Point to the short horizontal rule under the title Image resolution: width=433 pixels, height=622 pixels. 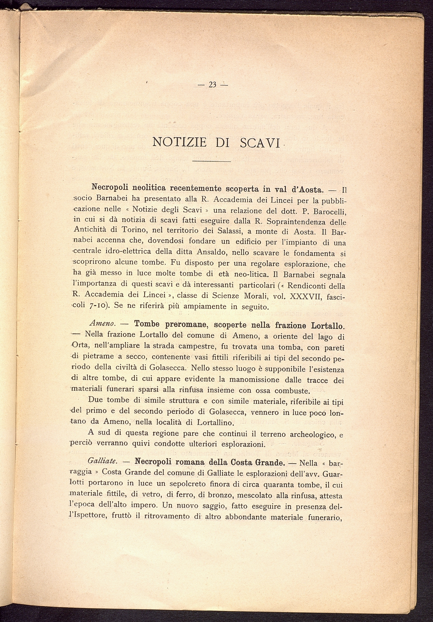coord(211,161)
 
